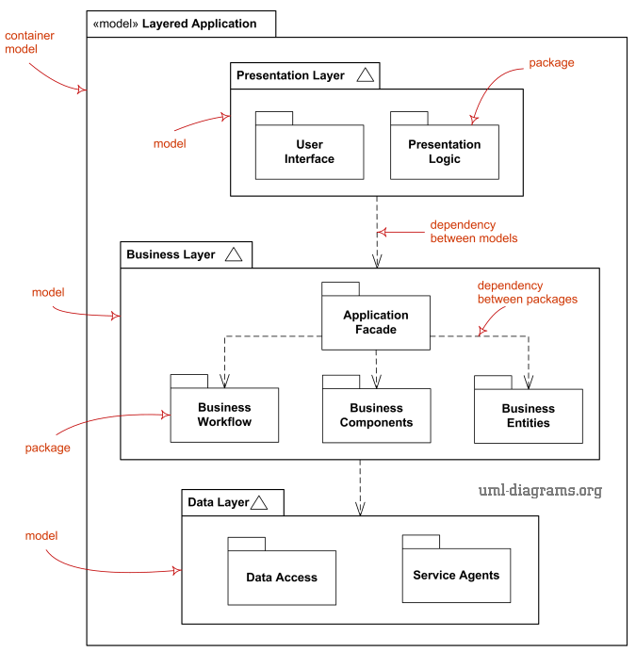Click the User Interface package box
pos(309,152)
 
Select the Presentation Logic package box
pos(444,152)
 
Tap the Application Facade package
pos(376,322)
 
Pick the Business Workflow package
pos(224,415)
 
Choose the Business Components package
pos(376,415)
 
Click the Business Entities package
pos(528,416)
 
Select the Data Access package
pos(282,577)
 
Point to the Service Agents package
pos(456,575)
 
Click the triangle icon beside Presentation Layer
pos(366,75)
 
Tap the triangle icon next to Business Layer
pos(234,254)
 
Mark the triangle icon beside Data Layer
pos(259,503)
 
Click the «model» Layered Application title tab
pos(181,24)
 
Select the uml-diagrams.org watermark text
pos(539,490)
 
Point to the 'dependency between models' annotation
pos(473,232)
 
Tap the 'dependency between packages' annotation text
pos(527,292)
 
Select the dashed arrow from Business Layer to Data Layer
pos(360,486)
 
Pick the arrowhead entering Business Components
pos(376,383)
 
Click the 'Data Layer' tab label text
pos(218,502)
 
